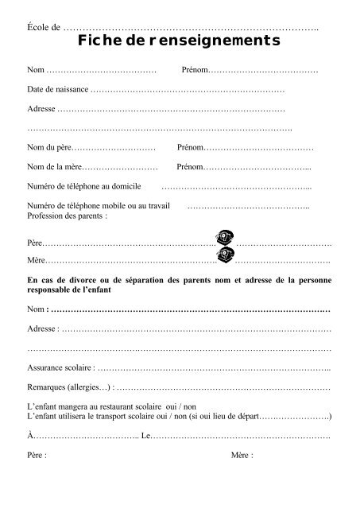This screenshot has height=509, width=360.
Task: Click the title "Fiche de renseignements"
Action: tap(180, 41)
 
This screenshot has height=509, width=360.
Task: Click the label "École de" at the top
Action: tap(44, 28)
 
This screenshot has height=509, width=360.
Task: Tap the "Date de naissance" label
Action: tap(58, 90)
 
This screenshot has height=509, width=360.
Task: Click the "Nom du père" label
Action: tap(50, 149)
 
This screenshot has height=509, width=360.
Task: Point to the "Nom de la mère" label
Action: tap(53, 167)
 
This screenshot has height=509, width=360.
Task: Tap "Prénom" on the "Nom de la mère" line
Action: tap(190, 167)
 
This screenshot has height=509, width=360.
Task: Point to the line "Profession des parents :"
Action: tap(67, 216)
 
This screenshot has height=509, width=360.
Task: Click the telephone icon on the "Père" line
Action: tap(225, 239)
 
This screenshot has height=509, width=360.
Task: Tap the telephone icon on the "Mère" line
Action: tap(226, 255)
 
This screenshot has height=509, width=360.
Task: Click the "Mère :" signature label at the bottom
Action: tap(242, 456)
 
